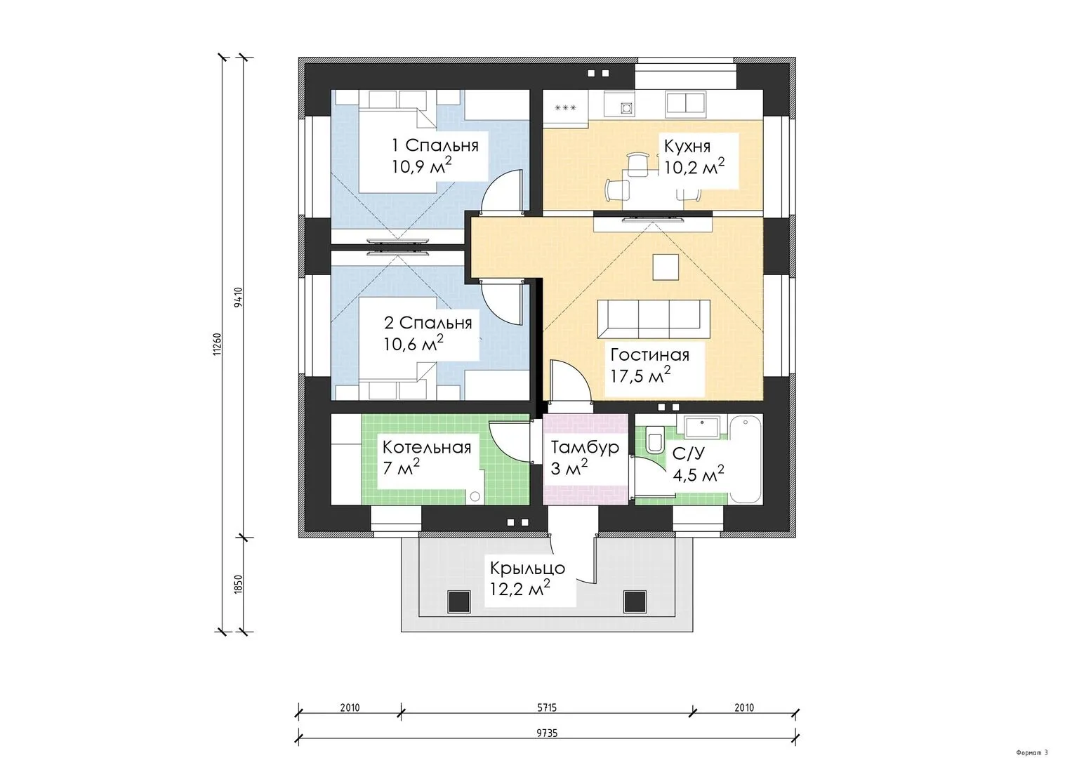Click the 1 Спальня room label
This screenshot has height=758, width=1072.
pyautogui.click(x=435, y=145)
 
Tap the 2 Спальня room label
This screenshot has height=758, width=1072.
pyautogui.click(x=428, y=324)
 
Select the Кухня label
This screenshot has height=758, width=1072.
pyautogui.click(x=687, y=147)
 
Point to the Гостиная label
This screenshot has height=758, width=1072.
pyautogui.click(x=650, y=355)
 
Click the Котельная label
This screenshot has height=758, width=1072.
pyautogui.click(x=427, y=448)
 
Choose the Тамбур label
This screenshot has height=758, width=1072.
pyautogui.click(x=585, y=447)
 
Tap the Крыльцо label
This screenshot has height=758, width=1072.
pyautogui.click(x=527, y=568)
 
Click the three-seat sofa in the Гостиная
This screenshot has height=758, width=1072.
pyautogui.click(x=654, y=319)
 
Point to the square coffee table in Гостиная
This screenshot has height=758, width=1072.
pyautogui.click(x=666, y=267)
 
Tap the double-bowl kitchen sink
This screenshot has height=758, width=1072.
pyautogui.click(x=686, y=105)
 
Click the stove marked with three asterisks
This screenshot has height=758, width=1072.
pyautogui.click(x=565, y=108)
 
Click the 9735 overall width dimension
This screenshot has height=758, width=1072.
pyautogui.click(x=546, y=733)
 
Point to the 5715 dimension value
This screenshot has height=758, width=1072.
pyautogui.click(x=546, y=707)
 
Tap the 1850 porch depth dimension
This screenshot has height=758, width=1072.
pyautogui.click(x=239, y=584)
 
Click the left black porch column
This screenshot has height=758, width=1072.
pyautogui.click(x=458, y=601)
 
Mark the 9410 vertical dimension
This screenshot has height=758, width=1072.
pyautogui.click(x=239, y=297)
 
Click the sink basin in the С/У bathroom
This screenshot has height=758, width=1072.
pyautogui.click(x=701, y=427)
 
